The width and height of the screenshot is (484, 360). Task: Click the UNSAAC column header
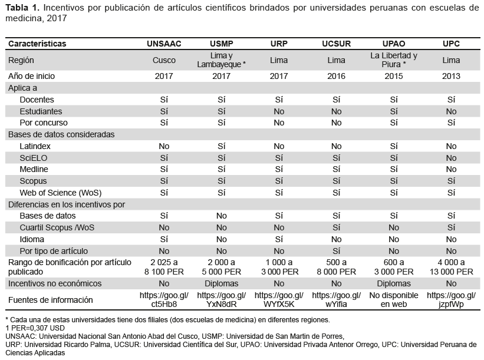click(164, 44)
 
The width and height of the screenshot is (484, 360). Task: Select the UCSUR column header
click(336, 44)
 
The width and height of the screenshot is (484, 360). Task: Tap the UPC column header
click(451, 44)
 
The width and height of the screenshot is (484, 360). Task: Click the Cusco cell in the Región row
click(164, 60)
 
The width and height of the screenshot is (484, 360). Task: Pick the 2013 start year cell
click(451, 76)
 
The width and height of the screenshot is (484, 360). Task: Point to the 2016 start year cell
click(336, 76)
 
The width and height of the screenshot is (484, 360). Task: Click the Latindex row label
click(35, 146)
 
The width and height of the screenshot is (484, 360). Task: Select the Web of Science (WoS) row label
click(61, 193)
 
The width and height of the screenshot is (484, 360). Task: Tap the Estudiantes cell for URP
click(279, 111)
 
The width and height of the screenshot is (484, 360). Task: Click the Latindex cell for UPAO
click(394, 146)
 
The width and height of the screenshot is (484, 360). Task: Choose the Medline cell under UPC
click(451, 169)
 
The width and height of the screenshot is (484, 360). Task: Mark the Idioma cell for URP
click(279, 239)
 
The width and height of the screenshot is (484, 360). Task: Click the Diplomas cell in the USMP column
click(221, 283)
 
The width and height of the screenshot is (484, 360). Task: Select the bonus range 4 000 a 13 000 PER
click(451, 267)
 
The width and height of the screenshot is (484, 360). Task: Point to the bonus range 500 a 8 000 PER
click(336, 267)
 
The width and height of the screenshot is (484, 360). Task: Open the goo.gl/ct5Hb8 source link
click(164, 300)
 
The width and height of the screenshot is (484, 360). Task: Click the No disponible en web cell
click(394, 300)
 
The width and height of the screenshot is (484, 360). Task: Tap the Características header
click(37, 44)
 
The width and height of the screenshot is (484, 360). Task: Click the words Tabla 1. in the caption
click(22, 8)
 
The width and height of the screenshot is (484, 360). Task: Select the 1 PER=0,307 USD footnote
click(35, 328)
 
